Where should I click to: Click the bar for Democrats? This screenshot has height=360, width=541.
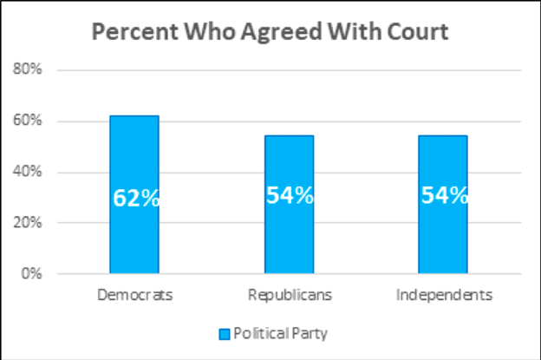tap(134, 234)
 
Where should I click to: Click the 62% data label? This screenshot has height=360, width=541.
tap(136, 198)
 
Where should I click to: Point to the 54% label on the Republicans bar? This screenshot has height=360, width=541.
tap(289, 195)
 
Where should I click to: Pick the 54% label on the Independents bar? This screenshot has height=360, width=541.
tap(444, 195)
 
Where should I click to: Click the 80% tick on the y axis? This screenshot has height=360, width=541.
tap(29, 70)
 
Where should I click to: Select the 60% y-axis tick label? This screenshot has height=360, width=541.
tap(29, 121)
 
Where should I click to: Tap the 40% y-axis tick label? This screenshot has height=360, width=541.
tap(29, 172)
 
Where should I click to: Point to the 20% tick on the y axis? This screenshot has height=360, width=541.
tap(29, 223)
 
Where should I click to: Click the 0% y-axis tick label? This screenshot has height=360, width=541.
tap(32, 274)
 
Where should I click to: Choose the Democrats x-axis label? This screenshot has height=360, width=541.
tap(134, 295)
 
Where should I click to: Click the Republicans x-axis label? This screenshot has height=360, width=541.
tap(289, 295)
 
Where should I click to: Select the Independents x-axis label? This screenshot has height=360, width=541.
tap(444, 295)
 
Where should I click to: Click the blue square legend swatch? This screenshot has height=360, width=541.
tap(224, 332)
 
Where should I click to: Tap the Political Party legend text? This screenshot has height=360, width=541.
tap(279, 332)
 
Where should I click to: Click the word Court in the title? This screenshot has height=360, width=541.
tap(415, 32)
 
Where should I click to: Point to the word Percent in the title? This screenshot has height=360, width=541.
tap(128, 32)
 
